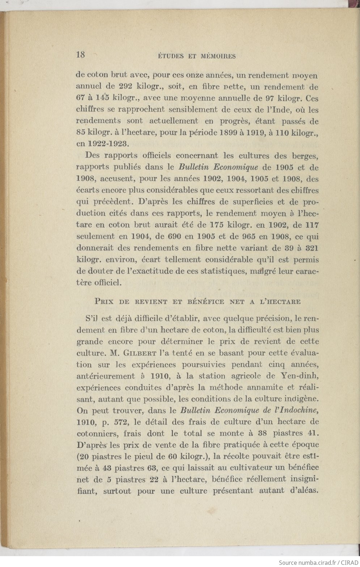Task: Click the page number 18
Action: pyautogui.click(x=80, y=55)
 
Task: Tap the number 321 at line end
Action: pyautogui.click(x=312, y=248)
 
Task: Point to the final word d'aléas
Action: pyautogui.click(x=302, y=491)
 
